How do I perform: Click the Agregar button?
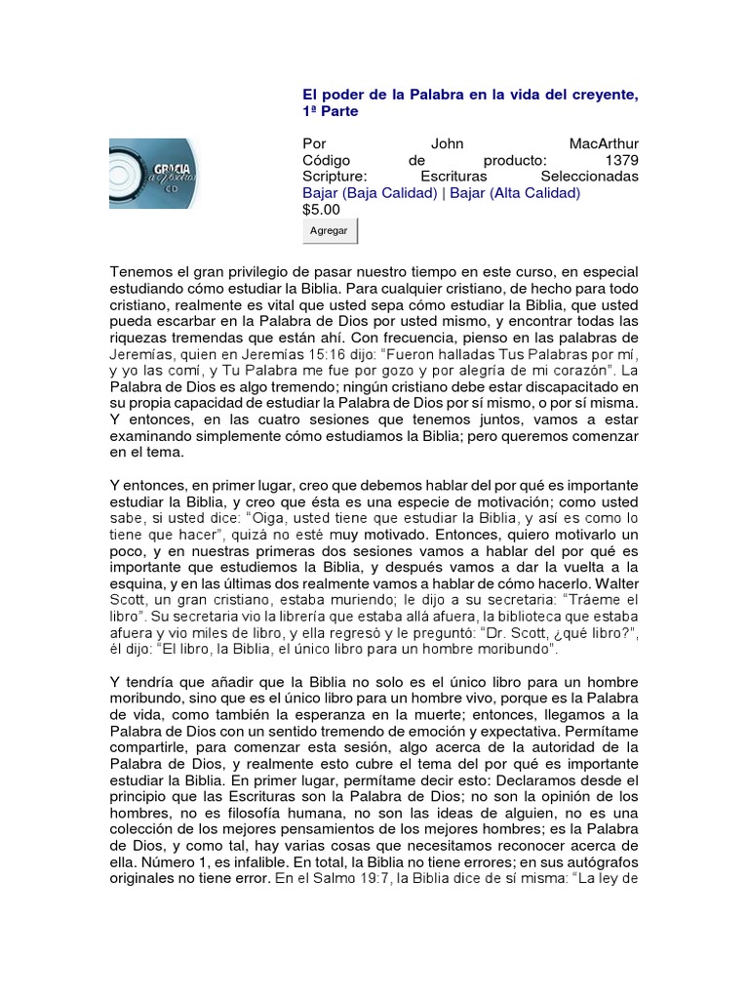(330, 231)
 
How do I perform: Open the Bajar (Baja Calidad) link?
(370, 193)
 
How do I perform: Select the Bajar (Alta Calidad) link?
(514, 193)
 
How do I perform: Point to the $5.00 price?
(322, 209)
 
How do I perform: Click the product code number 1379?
(621, 160)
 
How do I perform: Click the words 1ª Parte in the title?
(331, 111)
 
